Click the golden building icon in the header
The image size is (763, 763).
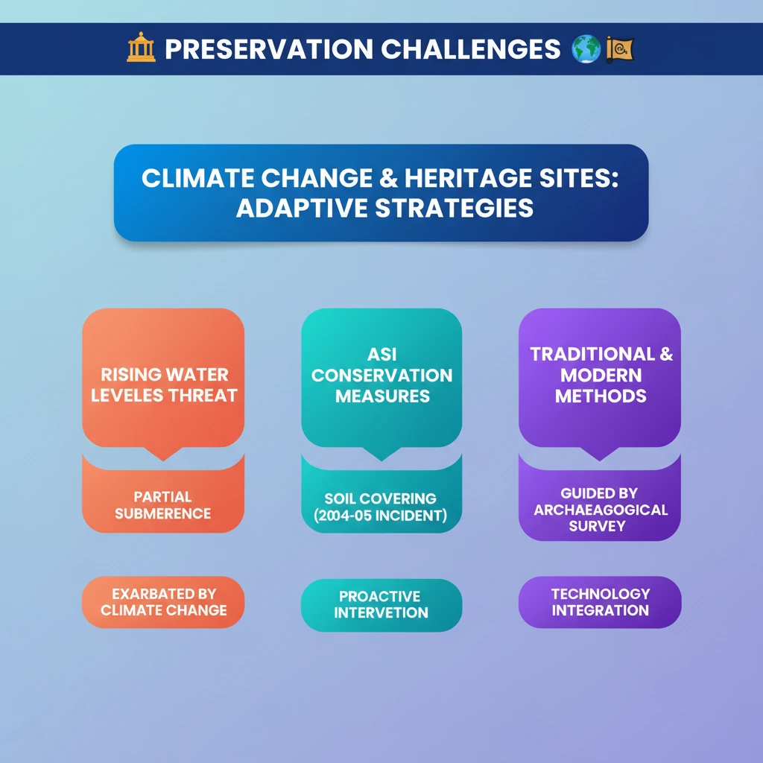pos(141,47)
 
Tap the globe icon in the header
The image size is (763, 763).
pos(586,48)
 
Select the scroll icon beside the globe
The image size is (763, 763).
pos(619,49)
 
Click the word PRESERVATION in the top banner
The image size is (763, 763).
pos(269,49)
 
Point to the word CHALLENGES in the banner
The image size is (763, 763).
pos(471,49)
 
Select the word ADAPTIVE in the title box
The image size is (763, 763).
pos(302,209)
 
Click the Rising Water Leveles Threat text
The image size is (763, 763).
pos(164,385)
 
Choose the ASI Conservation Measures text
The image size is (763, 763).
pos(382,375)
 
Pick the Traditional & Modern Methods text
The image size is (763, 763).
pos(601,375)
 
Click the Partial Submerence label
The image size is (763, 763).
pos(163,505)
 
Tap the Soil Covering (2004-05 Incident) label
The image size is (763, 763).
pos(381,507)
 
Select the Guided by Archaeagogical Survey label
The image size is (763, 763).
pos(600,510)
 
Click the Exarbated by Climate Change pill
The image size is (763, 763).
pos(163,602)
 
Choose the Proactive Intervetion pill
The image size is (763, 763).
pos(381,605)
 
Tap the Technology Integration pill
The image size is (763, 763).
pos(600,602)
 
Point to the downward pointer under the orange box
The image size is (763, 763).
pos(163,453)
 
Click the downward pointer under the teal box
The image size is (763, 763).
pos(381,453)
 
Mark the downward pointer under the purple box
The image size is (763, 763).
pos(600,453)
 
